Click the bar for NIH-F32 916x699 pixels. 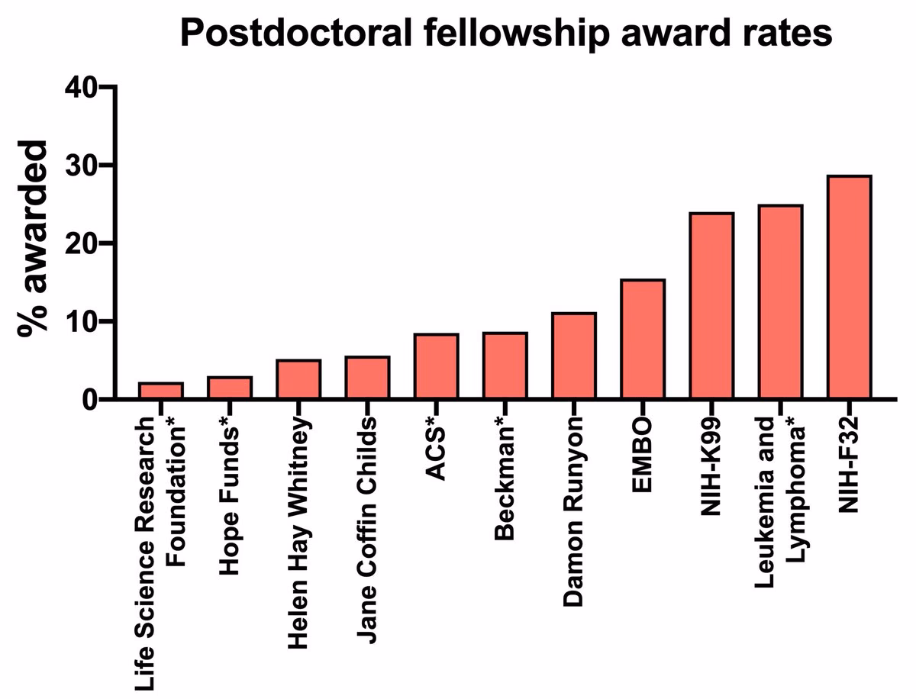click(x=849, y=287)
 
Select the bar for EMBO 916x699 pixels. click(x=643, y=339)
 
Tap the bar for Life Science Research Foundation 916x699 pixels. click(x=160, y=391)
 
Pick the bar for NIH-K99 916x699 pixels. click(x=711, y=306)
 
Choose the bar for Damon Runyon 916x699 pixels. click(x=573, y=356)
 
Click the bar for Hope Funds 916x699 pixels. click(x=229, y=388)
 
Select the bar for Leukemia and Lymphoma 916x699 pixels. click(x=780, y=302)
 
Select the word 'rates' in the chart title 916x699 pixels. click(x=788, y=34)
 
